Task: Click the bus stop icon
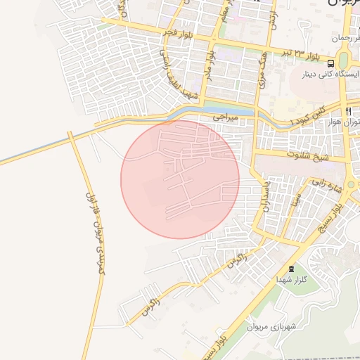(x=331, y=63)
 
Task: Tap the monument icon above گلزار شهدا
(x=291, y=269)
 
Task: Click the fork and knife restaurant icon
(x=347, y=112)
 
